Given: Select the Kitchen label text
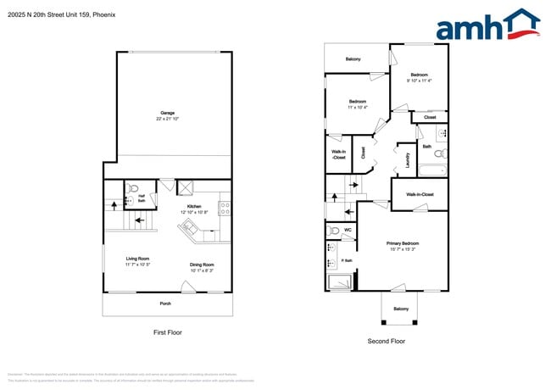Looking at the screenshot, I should [194, 206].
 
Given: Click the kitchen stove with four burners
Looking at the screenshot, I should [225, 206].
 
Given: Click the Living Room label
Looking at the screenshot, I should [137, 259].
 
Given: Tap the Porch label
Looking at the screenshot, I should [166, 303].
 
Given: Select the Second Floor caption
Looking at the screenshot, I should [387, 341].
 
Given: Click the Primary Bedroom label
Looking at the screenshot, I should [404, 243].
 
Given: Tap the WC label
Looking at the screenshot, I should [348, 229].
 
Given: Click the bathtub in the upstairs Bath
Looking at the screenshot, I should [432, 170].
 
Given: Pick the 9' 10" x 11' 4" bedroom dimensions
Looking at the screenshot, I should [419, 81].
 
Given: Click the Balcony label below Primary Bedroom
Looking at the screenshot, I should [400, 309].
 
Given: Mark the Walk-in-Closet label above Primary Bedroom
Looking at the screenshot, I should [420, 194].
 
